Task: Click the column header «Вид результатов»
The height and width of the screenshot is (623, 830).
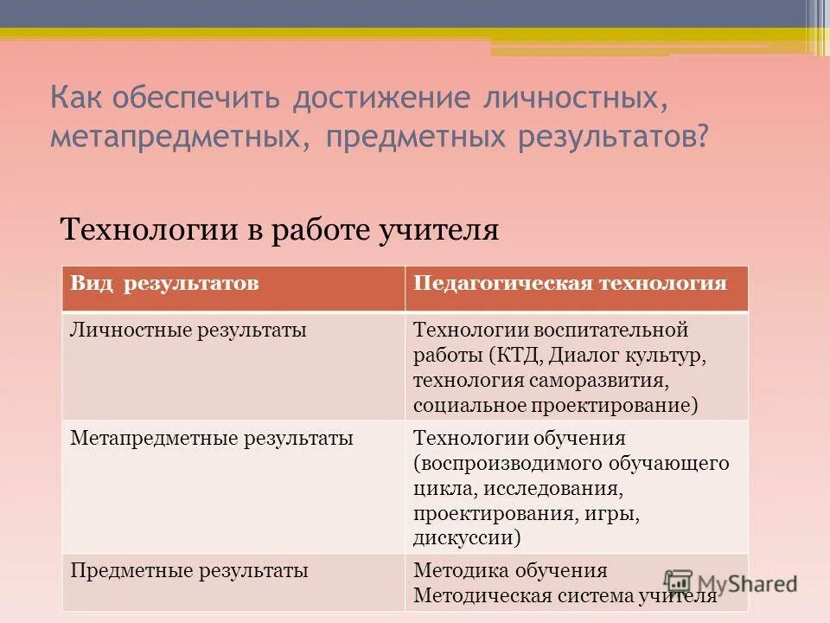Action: tap(164, 284)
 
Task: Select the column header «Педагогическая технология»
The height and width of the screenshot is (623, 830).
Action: tap(570, 284)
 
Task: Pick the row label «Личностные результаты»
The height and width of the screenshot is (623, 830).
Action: tap(188, 330)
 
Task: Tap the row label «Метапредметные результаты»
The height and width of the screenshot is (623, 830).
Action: tap(211, 439)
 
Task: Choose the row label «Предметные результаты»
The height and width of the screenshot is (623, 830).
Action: tap(189, 571)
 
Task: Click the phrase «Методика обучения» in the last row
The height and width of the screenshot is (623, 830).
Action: tap(510, 571)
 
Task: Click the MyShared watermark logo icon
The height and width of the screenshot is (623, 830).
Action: tap(679, 582)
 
